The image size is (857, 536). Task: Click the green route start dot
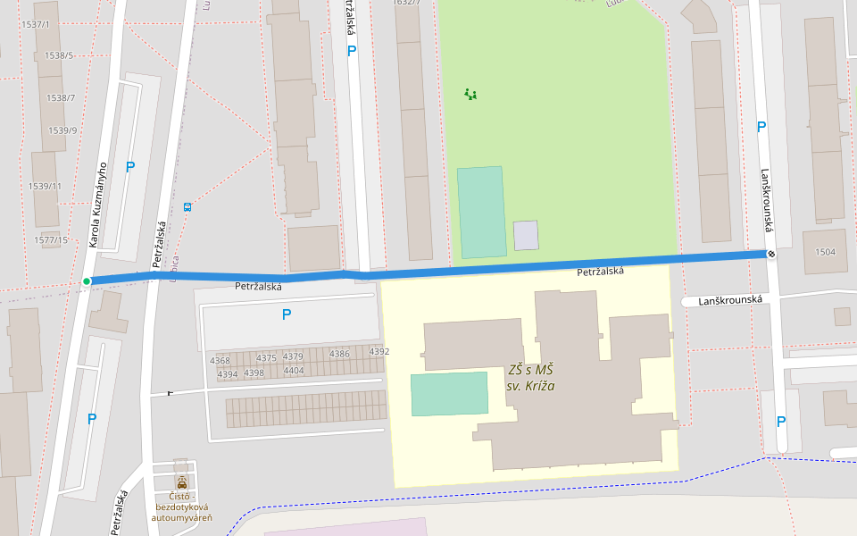[x=87, y=281]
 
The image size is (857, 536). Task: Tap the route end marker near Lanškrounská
[x=770, y=255]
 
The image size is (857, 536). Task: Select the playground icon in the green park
[x=470, y=94]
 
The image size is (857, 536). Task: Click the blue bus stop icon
[x=187, y=207]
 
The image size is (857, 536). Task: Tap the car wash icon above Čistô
[x=182, y=482]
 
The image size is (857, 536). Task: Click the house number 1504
[x=825, y=252]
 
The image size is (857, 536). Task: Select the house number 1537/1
[x=34, y=24]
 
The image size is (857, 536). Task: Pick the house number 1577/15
[x=51, y=240]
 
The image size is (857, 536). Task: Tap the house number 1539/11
[x=45, y=186]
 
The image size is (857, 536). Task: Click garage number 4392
[x=379, y=352]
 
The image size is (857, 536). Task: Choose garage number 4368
[x=220, y=361]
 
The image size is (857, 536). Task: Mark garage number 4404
[x=294, y=370]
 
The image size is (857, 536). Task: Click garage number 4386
[x=339, y=354]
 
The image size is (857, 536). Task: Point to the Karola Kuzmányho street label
[x=97, y=204]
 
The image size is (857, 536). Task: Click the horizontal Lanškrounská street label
[x=729, y=301]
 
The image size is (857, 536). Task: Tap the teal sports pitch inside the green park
[x=482, y=212]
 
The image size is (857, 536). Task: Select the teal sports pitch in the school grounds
[x=449, y=394]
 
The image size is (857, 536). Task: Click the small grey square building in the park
[x=526, y=235]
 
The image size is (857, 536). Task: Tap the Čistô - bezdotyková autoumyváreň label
[x=181, y=507]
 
